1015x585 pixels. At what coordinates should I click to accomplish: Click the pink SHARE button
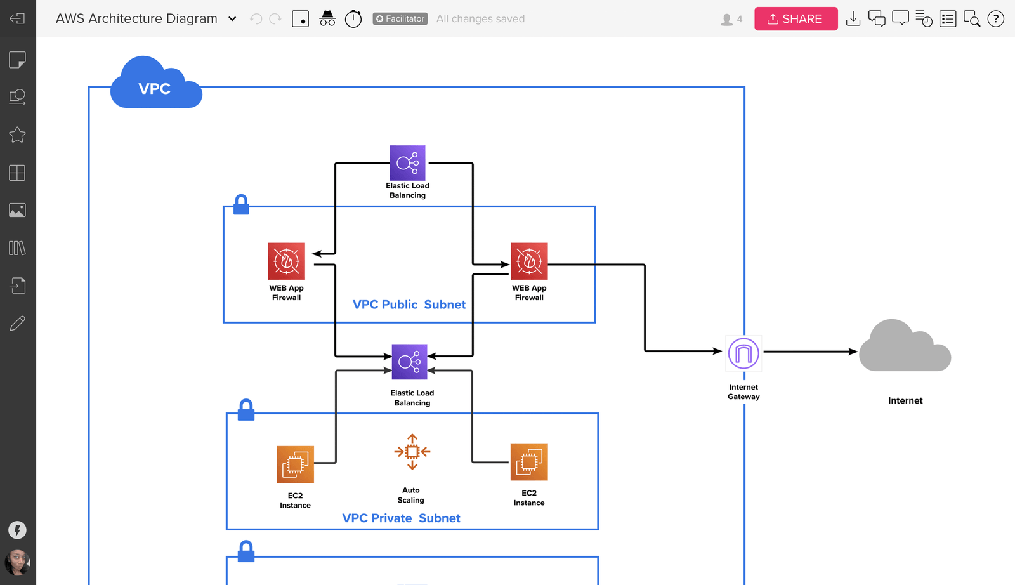796,19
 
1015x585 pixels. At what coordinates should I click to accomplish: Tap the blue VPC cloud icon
155,86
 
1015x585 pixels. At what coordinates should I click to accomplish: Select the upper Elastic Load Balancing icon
407,163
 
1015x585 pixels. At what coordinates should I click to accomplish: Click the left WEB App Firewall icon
286,261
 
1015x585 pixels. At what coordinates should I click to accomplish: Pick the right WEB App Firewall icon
529,261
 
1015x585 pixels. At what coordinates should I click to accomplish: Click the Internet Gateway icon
743,353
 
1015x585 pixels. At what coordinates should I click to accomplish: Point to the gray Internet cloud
905,348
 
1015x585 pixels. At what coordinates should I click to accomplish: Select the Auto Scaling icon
412,452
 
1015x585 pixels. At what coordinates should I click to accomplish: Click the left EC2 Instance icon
295,464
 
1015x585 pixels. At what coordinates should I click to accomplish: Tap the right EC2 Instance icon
529,462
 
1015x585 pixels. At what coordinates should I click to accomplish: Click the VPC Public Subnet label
409,305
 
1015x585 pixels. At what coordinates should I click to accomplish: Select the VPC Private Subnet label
401,518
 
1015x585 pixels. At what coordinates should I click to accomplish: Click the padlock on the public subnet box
241,205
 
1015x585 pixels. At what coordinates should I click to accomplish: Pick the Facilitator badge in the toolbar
400,19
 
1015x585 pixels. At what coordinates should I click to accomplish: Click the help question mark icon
996,19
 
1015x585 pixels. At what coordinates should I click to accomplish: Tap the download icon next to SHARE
853,19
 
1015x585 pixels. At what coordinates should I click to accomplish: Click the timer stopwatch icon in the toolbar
353,19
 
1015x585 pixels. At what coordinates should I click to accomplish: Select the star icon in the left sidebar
17,135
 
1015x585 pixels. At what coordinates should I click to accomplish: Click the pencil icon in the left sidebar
17,324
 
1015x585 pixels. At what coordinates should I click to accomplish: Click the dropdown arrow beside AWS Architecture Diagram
232,19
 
